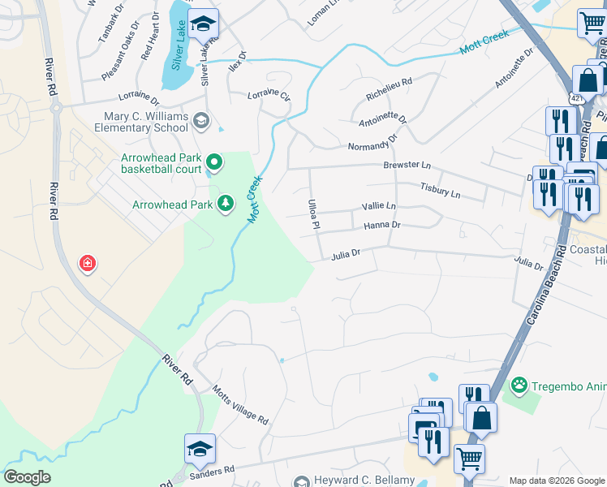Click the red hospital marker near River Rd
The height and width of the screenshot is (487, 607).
click(x=87, y=263)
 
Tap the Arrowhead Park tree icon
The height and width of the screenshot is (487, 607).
click(x=226, y=203)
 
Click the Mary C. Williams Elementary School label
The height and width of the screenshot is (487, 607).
click(x=145, y=122)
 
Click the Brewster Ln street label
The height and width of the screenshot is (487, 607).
click(x=407, y=165)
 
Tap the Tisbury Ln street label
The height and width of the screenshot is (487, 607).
click(x=440, y=191)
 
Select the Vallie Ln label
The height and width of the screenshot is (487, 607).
click(x=379, y=206)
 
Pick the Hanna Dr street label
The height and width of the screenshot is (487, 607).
click(x=382, y=225)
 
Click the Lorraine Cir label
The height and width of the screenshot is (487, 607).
click(x=269, y=96)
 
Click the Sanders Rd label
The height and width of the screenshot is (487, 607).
click(x=213, y=469)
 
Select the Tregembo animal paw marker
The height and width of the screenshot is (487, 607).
click(x=518, y=383)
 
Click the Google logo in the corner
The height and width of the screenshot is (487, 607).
click(x=27, y=477)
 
